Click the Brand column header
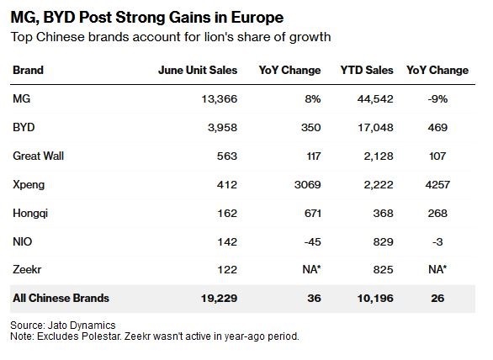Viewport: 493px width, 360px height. pos(28,70)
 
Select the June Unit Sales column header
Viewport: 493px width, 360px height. pos(198,70)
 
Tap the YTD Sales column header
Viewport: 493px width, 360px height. pos(367,70)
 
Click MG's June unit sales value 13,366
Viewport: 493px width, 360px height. pos(220,99)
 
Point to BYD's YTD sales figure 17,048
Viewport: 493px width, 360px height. pos(375,127)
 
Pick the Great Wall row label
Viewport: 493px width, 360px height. pos(38,156)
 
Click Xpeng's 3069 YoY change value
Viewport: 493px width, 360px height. pos(308,184)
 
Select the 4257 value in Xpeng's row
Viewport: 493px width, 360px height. pos(437,184)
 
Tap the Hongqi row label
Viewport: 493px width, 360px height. pos(30,214)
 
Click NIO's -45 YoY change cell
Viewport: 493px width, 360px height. pos(312,241)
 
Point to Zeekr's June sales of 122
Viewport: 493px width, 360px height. pos(227,269)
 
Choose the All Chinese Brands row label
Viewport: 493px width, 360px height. pos(61,298)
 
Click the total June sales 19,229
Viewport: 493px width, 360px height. pos(219,298)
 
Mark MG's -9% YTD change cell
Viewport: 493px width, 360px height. pos(437,99)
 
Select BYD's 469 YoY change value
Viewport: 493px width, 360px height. pos(437,127)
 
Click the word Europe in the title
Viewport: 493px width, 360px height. pos(257,18)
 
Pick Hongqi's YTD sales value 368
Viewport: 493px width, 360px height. pos(383,214)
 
